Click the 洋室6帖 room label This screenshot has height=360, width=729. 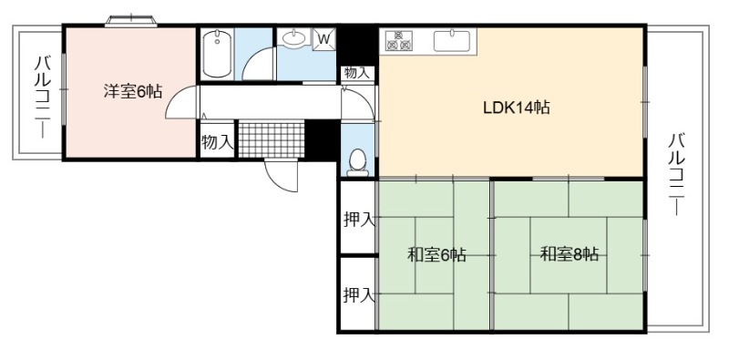coord(132,92)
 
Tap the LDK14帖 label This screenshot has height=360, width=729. coord(516,108)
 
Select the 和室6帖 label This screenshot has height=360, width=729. coord(436,255)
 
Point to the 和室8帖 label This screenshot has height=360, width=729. coord(569,254)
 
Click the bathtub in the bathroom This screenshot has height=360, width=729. coord(217,54)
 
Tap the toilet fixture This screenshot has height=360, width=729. coord(357,163)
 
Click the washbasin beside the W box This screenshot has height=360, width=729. coord(293,38)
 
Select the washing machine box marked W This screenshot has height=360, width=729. coord(324,39)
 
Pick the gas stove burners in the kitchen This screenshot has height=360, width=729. coord(399,40)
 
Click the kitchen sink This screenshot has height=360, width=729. coord(452,40)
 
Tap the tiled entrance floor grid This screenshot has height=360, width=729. coord(272,139)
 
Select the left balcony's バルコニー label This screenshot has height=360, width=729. coord(43,97)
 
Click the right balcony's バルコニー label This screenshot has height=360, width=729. coord(676,174)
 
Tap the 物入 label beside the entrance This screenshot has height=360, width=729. coord(217,142)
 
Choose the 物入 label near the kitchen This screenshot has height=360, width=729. coord(357,73)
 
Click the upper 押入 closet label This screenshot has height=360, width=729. coord(359,219)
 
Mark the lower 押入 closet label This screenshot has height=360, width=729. coord(359,295)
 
